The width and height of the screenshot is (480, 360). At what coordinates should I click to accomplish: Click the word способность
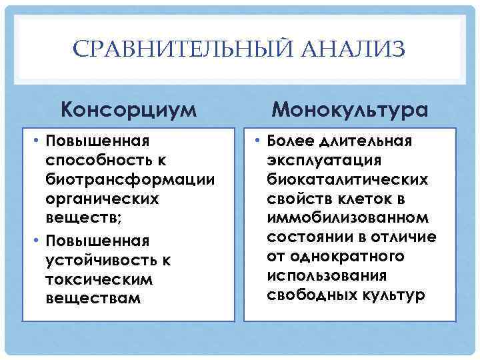coord(96,161)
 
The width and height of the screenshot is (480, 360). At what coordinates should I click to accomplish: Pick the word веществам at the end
coord(93,298)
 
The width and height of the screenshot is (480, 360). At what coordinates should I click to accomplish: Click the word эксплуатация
coord(324,161)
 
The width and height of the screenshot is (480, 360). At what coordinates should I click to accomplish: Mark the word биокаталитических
coord(347,180)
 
